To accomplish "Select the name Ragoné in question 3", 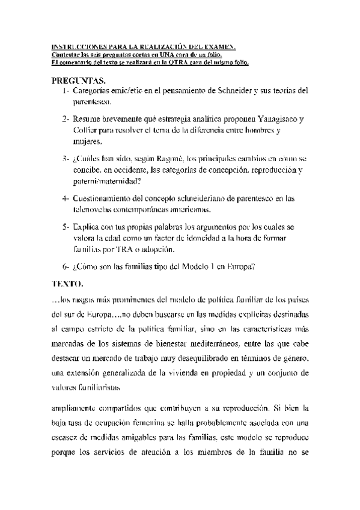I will coord(176,158).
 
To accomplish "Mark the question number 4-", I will coord(65,198).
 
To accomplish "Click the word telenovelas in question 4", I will coord(93,210).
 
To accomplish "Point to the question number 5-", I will coord(65,227).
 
